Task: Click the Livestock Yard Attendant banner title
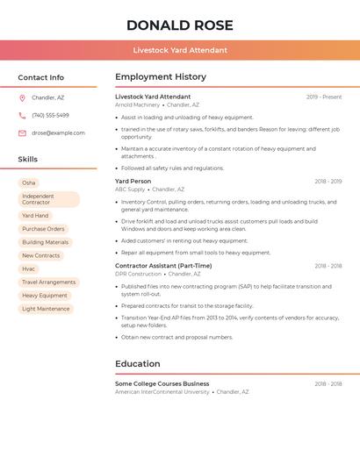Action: pos(180,51)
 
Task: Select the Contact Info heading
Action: pos(40,77)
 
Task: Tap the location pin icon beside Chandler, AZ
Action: pos(22,98)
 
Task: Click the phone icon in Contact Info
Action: pos(22,116)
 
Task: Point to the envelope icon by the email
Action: pos(22,133)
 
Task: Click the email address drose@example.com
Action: pos(58,133)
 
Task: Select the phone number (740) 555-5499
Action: pos(50,116)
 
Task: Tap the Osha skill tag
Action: pos(29,182)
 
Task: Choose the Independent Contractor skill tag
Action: pos(48,199)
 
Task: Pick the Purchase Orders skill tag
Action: pos(43,229)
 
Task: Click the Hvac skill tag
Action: pos(29,268)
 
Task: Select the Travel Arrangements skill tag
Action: pos(48,283)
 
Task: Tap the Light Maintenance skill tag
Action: pos(46,309)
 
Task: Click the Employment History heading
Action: pos(161,77)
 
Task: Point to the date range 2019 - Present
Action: pos(324,97)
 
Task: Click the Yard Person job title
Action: pos(133,182)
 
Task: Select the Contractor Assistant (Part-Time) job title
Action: pos(163,266)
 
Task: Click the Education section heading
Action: pos(138,364)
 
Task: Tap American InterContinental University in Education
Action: pos(162,392)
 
